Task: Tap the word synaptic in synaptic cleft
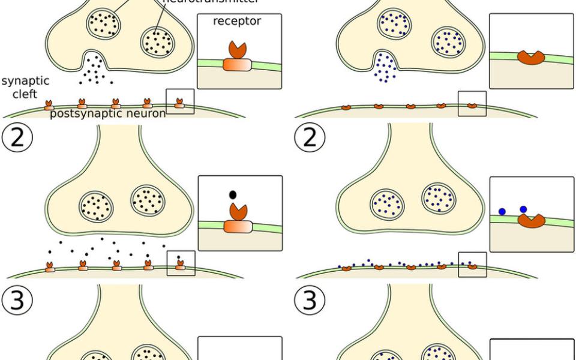(25, 80)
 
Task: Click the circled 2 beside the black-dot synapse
(18, 139)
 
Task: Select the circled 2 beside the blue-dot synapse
(310, 139)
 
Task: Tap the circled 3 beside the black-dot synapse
(18, 300)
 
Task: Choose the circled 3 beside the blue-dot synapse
(310, 300)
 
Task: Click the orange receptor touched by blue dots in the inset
(532, 221)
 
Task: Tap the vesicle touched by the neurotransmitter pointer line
(157, 42)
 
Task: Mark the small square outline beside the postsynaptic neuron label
(180, 101)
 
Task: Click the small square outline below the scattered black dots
(180, 263)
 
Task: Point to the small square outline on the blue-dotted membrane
(472, 264)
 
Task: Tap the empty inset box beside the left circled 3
(240, 349)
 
